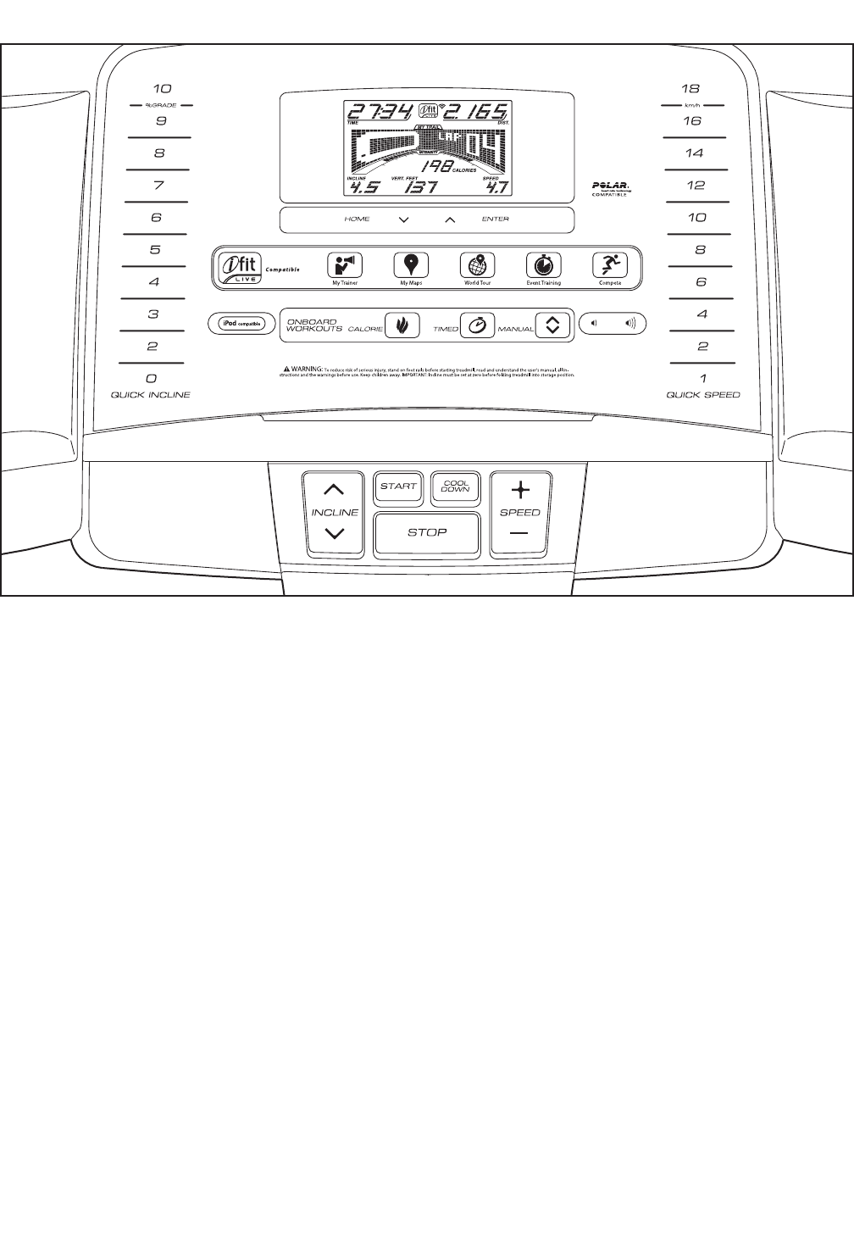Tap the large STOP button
427,533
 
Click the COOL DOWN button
456,486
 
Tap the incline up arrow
335,490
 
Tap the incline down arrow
335,534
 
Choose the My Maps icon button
411,264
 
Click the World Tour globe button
478,264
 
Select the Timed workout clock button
478,325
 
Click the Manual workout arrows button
552,325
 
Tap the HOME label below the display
357,220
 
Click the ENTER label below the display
496,220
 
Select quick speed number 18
691,88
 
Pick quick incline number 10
162,88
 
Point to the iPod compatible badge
241,323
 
